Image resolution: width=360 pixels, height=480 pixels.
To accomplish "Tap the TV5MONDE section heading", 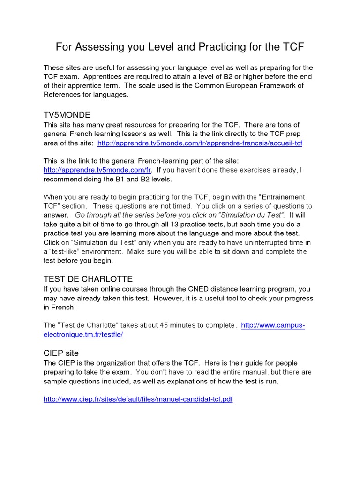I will click(67, 115).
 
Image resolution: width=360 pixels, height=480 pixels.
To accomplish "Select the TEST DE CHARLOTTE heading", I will click(88, 279).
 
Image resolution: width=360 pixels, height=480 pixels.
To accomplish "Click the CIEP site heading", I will click(61, 352).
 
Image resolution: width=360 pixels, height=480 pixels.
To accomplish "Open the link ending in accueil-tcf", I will click(200, 143).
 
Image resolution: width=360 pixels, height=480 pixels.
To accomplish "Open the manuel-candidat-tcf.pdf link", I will click(138, 399).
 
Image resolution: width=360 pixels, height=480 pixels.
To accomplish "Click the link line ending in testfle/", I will click(83, 335).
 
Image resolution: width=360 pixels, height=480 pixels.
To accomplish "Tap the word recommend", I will click(62, 179).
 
